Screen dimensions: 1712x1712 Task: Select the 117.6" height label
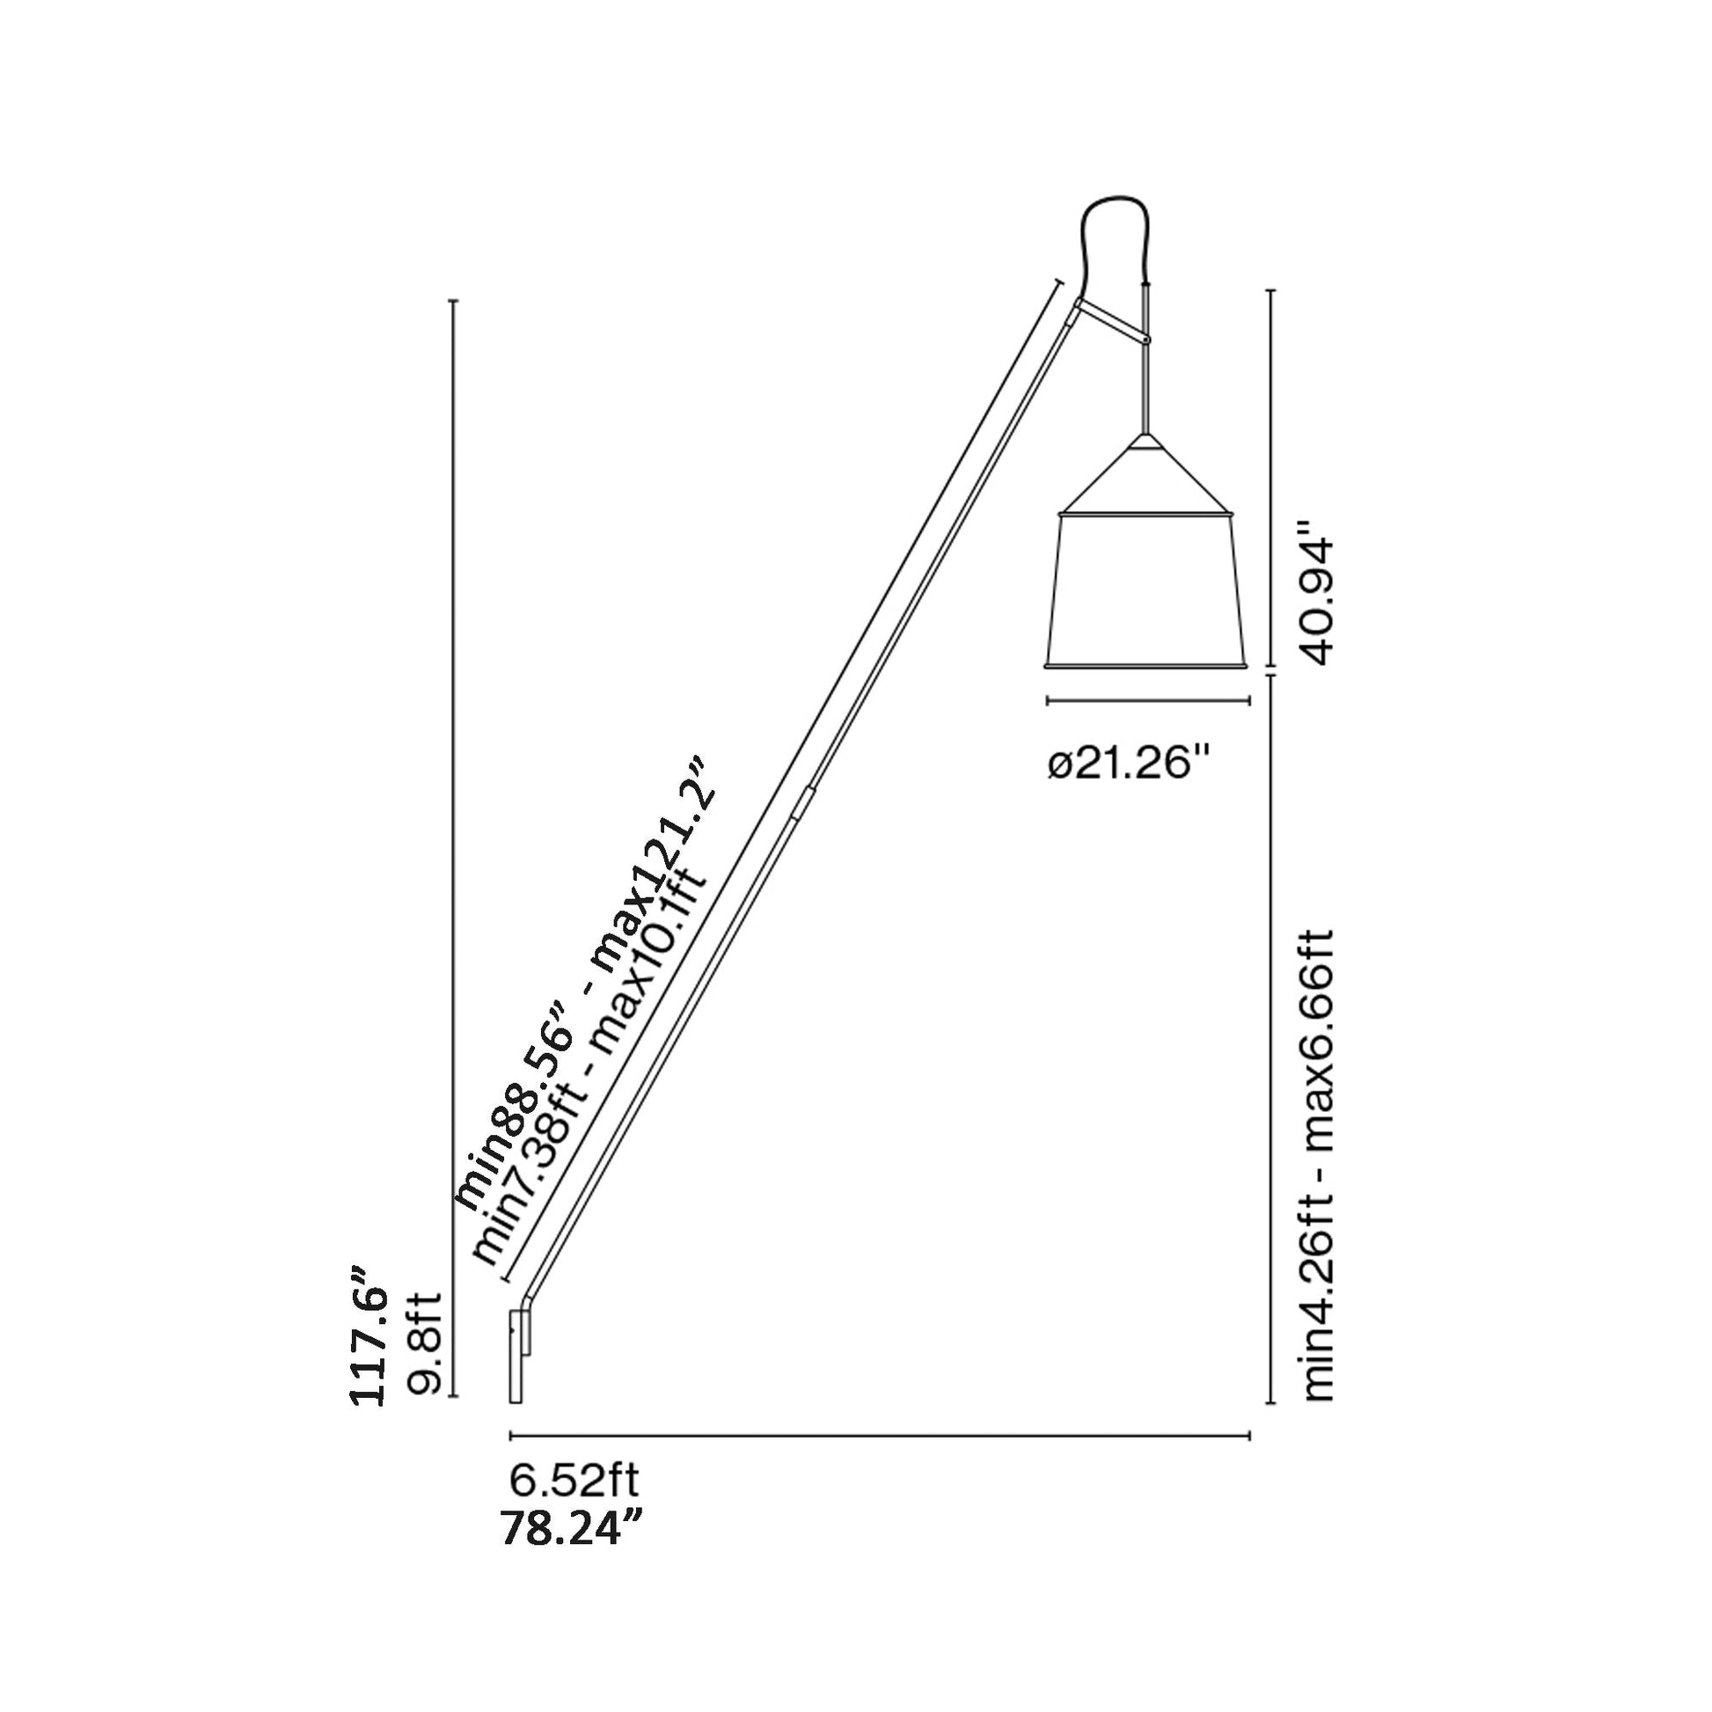[369, 1348]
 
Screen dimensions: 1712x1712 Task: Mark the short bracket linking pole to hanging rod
[1111, 322]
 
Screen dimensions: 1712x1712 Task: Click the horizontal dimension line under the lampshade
[1147, 701]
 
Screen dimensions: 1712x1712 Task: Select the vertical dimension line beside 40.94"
[1272, 479]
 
